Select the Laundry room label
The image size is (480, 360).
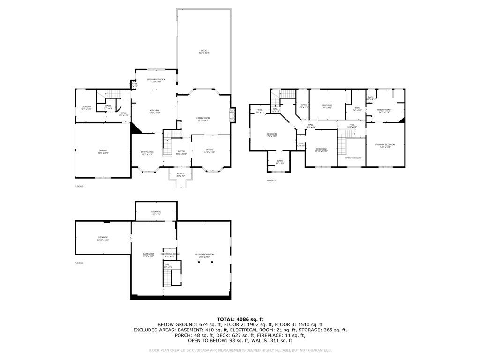click(x=86, y=108)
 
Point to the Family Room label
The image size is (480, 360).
click(x=203, y=119)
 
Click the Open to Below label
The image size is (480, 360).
click(x=353, y=158)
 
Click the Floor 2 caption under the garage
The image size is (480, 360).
click(x=79, y=186)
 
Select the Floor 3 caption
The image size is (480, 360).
click(x=271, y=180)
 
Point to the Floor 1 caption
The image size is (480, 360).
click(x=79, y=263)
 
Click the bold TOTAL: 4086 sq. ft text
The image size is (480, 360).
click(x=240, y=319)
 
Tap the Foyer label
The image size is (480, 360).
click(x=181, y=152)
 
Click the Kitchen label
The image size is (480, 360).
click(x=155, y=111)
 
